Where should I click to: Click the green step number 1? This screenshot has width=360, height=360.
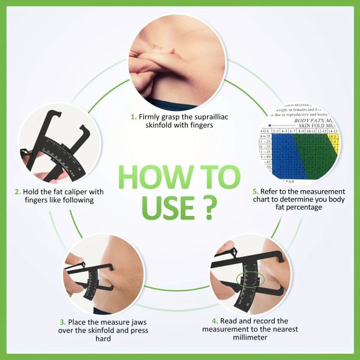(133, 115)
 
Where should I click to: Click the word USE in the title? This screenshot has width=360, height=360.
(164, 205)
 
